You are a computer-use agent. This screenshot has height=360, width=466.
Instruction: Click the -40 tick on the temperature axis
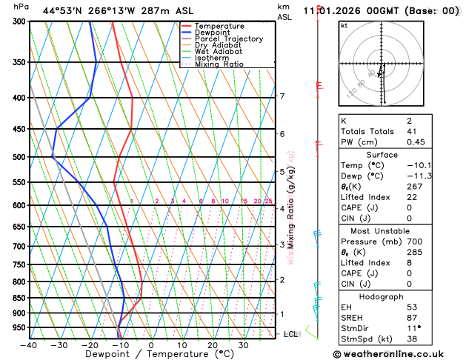[x=29, y=345]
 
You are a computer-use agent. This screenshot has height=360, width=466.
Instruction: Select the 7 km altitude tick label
[x=282, y=96]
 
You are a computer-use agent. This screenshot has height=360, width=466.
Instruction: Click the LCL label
[x=290, y=334]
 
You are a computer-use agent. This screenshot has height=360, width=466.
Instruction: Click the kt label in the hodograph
[x=344, y=25]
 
